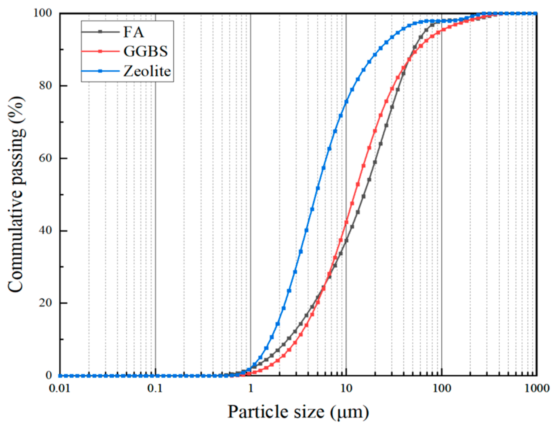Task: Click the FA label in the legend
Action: tap(133, 32)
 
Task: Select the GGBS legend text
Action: tap(146, 51)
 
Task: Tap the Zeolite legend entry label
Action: tap(147, 71)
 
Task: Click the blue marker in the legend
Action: tap(100, 71)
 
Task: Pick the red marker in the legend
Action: tap(100, 51)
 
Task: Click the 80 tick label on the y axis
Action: tap(45, 86)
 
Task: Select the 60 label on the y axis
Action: tap(45, 158)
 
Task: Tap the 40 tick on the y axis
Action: tap(45, 230)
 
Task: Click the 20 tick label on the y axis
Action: tap(45, 303)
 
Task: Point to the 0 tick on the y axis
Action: tap(49, 376)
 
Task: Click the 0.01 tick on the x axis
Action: tap(60, 388)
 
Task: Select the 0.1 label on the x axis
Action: tap(155, 388)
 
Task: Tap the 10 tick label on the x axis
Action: tap(346, 388)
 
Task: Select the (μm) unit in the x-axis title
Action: tap(350, 412)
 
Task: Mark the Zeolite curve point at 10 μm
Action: tap(346, 102)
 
